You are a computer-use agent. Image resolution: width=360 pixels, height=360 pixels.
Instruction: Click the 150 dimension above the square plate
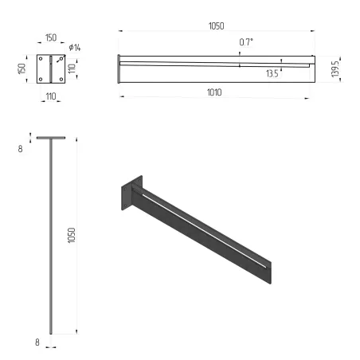[49, 37]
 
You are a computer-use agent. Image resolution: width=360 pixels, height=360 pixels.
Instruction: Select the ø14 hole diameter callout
[76, 48]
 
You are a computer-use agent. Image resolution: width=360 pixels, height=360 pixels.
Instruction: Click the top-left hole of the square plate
[41, 58]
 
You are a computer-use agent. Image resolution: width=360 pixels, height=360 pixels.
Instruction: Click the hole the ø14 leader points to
[60, 58]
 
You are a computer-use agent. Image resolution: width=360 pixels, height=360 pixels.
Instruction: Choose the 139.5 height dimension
[338, 68]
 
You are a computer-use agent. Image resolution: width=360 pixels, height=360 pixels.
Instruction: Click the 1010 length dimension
[213, 93]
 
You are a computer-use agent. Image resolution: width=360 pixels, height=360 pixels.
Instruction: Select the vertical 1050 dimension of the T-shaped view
[71, 236]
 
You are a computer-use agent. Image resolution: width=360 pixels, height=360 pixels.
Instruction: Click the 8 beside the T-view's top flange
[20, 149]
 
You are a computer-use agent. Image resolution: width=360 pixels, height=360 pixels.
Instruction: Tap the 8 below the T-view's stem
[37, 342]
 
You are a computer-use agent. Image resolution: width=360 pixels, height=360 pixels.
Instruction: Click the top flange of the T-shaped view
[49, 138]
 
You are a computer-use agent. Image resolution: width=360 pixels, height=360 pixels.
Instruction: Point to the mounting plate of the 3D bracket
[129, 194]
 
